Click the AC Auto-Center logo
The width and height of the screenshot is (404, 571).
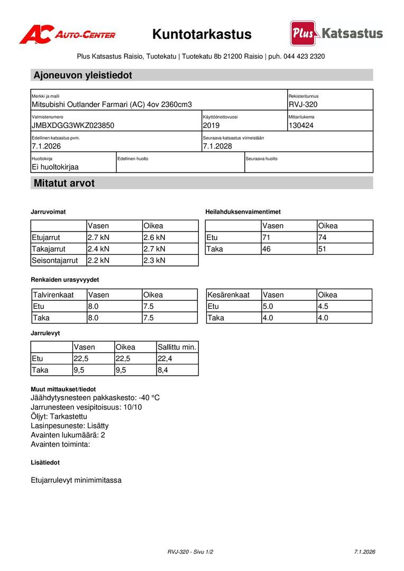[67, 34]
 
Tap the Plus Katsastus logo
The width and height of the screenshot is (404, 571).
[336, 34]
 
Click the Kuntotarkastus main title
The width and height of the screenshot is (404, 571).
[202, 34]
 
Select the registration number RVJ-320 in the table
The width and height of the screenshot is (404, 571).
[303, 105]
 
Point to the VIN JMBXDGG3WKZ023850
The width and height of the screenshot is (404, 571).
[73, 125]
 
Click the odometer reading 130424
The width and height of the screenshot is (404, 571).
[301, 125]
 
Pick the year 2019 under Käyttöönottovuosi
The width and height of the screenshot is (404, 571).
[211, 125]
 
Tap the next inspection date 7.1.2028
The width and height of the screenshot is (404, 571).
[217, 146]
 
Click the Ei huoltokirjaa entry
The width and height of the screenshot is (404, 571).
[55, 167]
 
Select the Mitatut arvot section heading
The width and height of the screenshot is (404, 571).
[64, 183]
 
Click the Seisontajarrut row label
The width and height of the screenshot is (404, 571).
[55, 260]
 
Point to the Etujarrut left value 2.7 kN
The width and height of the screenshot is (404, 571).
[98, 237]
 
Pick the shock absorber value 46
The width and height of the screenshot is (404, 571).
[267, 248]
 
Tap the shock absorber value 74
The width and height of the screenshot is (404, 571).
[323, 237]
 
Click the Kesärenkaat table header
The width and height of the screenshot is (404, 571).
[228, 294]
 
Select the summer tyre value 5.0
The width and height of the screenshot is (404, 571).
[268, 306]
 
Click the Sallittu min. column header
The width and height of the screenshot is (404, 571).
[177, 347]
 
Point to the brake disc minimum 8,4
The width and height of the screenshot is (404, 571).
[163, 370]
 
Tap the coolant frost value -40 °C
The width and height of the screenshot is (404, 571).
[149, 398]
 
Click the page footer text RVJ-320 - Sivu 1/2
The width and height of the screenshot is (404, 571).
[190, 552]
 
